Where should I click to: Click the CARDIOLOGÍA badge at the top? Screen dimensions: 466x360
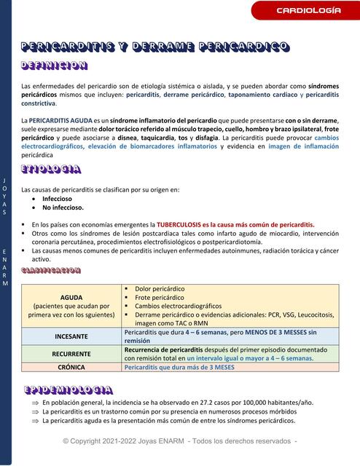(x=308, y=10)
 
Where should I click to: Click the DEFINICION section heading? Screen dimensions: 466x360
(x=55, y=66)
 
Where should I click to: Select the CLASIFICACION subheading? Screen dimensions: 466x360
(x=51, y=270)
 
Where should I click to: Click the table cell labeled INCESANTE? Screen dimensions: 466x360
(x=71, y=336)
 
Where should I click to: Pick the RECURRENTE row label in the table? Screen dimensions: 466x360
(x=71, y=353)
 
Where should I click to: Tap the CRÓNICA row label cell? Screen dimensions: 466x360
(x=71, y=368)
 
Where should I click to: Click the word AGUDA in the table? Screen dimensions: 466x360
(x=71, y=298)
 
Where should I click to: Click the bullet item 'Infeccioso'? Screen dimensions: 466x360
(x=58, y=198)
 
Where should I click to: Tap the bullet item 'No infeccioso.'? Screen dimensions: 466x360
(x=62, y=207)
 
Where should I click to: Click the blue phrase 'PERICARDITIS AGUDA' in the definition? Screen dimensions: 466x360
(x=59, y=119)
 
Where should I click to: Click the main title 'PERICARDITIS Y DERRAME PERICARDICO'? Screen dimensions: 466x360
(x=155, y=47)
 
